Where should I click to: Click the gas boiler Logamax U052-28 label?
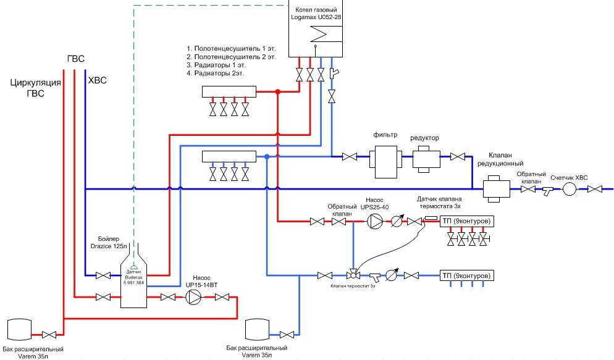tap(317, 13)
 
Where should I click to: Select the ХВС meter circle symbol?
tap(569, 190)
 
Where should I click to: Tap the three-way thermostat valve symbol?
tap(353, 274)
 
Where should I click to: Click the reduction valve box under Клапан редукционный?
tap(495, 187)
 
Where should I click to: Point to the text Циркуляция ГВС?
tap(35, 88)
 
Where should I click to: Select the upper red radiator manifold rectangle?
tap(229, 92)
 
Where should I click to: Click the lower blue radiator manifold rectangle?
tap(229, 157)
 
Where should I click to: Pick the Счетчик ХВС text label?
tap(569, 177)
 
